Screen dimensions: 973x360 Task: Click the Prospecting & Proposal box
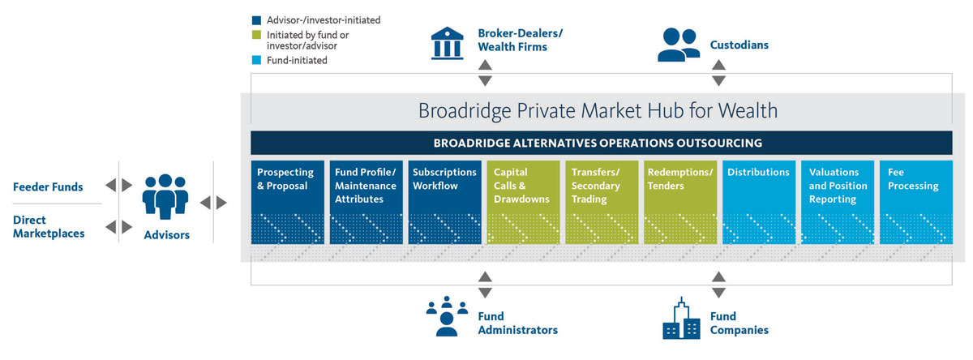pos(288,202)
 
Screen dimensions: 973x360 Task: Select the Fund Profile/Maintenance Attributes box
pos(366,202)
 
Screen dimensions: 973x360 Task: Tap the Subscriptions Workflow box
pos(445,202)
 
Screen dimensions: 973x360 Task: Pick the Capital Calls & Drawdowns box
pos(524,202)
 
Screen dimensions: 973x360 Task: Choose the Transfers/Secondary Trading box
pos(602,202)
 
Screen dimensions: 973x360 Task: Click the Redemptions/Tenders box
pos(680,202)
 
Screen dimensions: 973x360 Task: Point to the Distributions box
pos(759,202)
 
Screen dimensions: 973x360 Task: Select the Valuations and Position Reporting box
pos(838,202)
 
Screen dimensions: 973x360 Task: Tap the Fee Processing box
pos(916,202)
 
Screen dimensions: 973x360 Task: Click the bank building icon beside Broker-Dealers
pos(448,43)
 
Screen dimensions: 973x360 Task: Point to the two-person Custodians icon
pos(679,45)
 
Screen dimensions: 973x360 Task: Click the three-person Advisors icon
pos(165,196)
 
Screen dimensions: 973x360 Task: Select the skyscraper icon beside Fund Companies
pos(681,319)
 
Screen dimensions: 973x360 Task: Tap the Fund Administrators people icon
pos(447,316)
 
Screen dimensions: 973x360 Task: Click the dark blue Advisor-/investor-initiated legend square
pos(257,20)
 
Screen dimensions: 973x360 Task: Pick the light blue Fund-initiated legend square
pos(257,60)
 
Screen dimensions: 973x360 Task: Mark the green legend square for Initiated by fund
pos(257,35)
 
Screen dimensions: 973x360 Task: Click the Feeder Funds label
pos(48,186)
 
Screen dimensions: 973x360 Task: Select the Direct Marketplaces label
pos(49,227)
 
